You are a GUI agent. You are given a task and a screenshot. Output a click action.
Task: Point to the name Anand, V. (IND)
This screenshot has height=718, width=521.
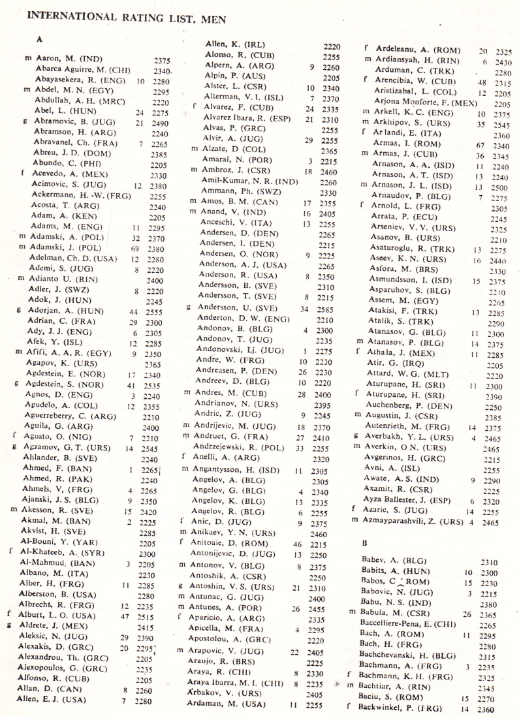click(230, 212)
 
